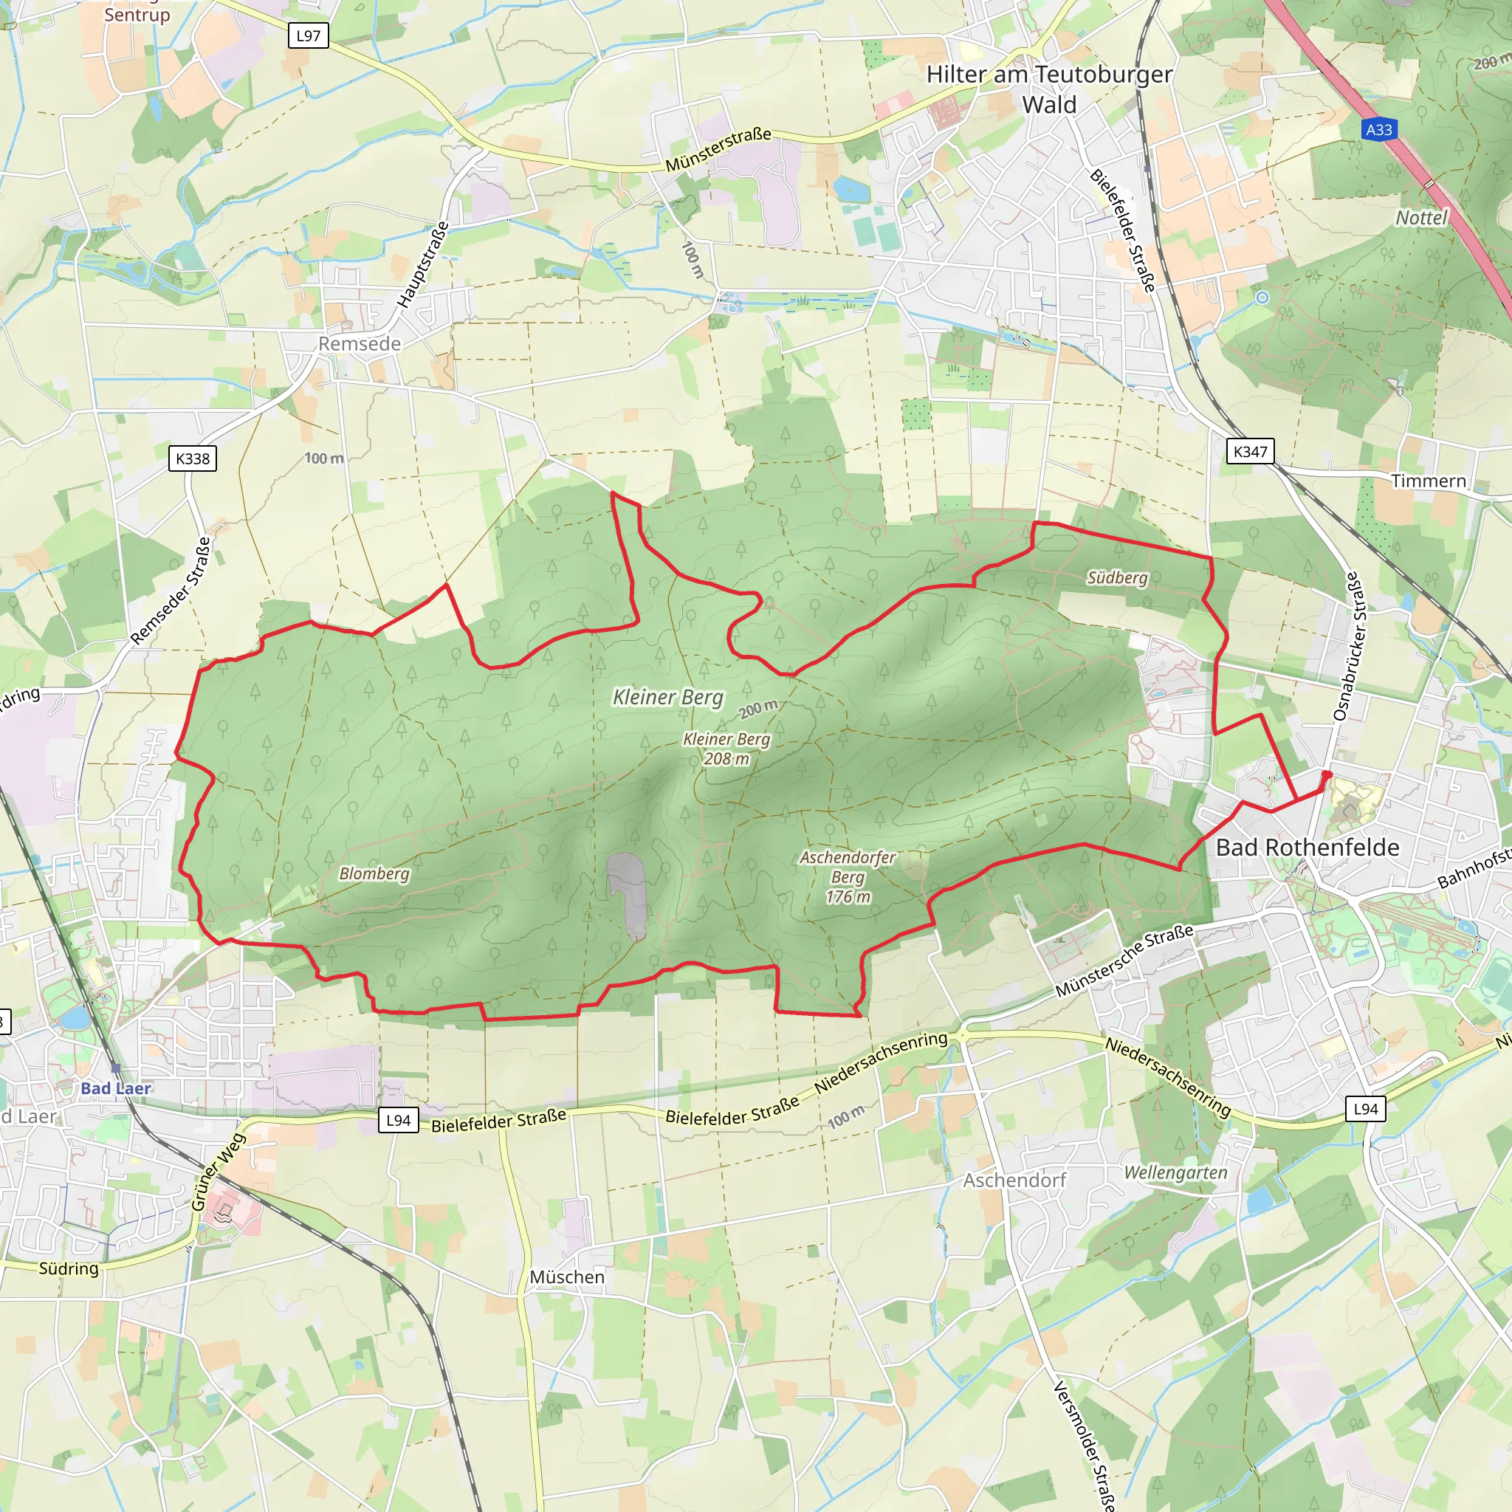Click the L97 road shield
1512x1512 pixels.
coord(309,35)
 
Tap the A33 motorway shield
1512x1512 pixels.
coord(1378,130)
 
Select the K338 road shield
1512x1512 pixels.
coord(193,458)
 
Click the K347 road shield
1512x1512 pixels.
coord(1250,452)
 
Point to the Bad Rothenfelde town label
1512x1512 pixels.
coord(1307,848)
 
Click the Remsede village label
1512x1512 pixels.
coord(360,343)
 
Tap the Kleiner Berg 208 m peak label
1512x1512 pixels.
coord(726,749)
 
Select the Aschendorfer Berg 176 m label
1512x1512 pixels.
coord(848,877)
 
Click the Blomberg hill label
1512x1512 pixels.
coord(374,873)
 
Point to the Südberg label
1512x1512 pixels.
coord(1117,577)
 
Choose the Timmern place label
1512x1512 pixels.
coord(1429,481)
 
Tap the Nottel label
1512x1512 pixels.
coord(1421,218)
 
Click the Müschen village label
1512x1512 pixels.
coord(568,1276)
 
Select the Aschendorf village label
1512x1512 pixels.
coord(1014,1181)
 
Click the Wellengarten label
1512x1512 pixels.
coord(1175,1172)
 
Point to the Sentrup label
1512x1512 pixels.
coord(137,14)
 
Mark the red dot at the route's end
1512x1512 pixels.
coord(1327,774)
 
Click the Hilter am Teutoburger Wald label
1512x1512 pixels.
coord(1048,89)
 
